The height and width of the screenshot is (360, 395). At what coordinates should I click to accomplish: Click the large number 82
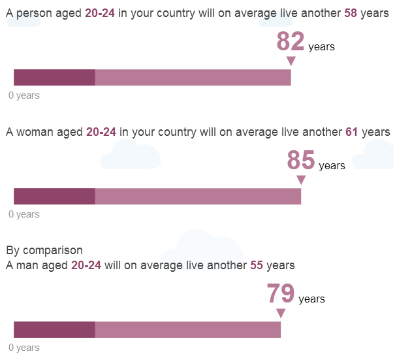coord(291,41)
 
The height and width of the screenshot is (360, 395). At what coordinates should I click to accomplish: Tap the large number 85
coord(301,160)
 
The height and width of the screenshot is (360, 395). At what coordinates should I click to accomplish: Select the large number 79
coord(281,293)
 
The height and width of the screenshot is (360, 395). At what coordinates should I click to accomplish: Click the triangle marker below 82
coord(291,61)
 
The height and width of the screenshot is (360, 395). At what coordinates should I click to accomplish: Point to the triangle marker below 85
coord(301,180)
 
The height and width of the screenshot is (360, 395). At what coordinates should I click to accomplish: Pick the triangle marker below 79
coord(281,313)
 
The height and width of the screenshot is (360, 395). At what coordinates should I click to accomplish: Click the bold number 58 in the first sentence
coord(351,13)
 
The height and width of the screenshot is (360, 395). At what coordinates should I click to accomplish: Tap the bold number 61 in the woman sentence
coord(352,132)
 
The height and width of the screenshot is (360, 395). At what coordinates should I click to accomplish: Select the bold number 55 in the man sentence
coord(257,265)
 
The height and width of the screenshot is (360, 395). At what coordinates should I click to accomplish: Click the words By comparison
coord(44,250)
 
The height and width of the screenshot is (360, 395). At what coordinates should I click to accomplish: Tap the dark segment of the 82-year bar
coord(54,77)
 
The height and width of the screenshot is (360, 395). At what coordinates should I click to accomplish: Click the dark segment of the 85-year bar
coord(54,196)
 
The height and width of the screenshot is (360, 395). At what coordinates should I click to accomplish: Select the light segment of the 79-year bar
coord(188,329)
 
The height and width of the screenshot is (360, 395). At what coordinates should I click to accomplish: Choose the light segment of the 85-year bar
coord(198,196)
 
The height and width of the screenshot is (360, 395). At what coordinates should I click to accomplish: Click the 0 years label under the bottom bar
coord(24,348)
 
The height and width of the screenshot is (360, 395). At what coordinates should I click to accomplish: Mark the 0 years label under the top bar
coord(24,95)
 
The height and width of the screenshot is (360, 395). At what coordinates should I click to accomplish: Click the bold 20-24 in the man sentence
coord(86,265)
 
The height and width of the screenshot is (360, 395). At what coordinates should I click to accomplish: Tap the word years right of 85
coord(332,166)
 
